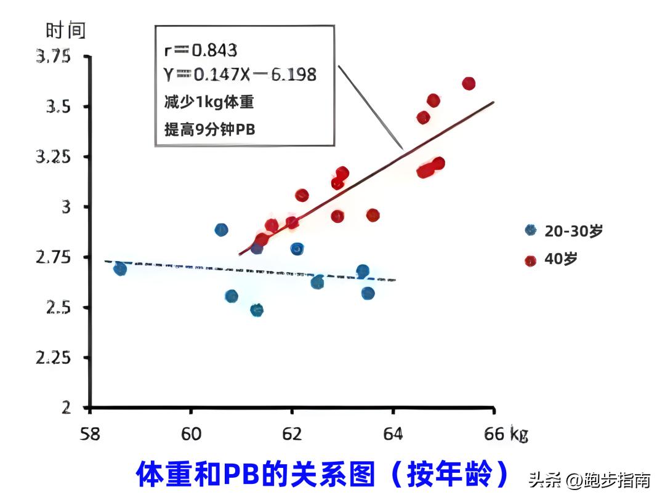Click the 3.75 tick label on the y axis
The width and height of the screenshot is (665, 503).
[x=54, y=57]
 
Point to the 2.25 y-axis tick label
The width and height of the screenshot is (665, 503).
[x=54, y=358]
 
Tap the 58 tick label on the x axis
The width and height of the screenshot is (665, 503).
[x=91, y=434]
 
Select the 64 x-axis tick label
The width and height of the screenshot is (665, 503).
[x=393, y=434]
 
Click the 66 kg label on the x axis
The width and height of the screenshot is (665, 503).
[x=502, y=434]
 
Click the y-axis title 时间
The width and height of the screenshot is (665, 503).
[x=66, y=30]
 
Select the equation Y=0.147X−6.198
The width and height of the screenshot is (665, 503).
[x=240, y=75]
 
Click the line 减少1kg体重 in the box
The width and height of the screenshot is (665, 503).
[x=209, y=102]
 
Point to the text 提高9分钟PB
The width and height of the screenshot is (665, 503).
[x=209, y=129]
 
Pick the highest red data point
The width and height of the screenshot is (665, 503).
[x=469, y=84]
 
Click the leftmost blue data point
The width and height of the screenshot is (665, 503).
[x=120, y=269]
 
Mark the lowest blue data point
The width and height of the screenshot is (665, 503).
[x=257, y=310]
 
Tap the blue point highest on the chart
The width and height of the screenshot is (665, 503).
[x=221, y=230]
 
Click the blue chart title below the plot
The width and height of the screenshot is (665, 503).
[x=323, y=474]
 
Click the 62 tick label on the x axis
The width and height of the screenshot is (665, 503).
[x=292, y=434]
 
